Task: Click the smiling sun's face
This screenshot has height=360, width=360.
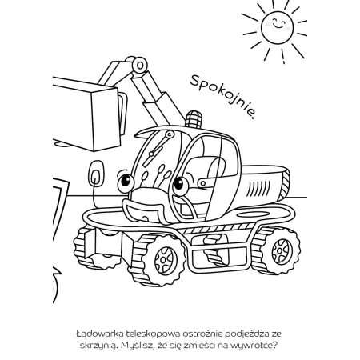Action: (277, 27)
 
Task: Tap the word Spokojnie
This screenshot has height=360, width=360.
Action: (222, 97)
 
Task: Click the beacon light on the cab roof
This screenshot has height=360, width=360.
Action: (194, 119)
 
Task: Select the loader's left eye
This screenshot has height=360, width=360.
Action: (126, 183)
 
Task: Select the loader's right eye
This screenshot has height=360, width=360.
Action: (181, 186)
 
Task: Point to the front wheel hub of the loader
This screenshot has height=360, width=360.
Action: (166, 259)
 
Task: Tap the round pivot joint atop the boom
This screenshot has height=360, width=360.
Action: (139, 65)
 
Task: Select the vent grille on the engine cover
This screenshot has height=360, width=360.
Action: (258, 188)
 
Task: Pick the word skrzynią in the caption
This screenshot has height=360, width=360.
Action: (99, 346)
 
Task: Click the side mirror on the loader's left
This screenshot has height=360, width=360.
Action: (96, 174)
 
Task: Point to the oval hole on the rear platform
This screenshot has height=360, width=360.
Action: (253, 214)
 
